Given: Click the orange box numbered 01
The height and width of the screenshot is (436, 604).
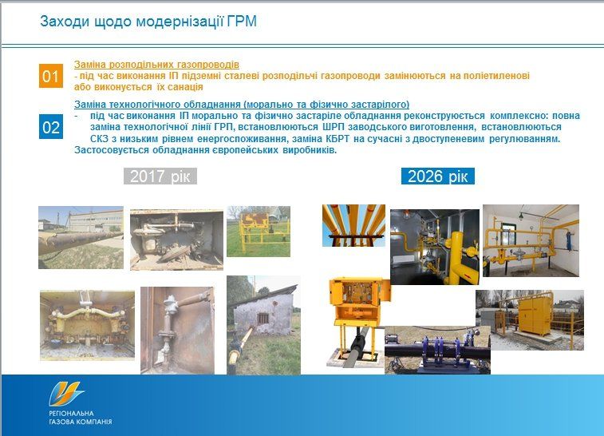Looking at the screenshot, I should (x=51, y=76).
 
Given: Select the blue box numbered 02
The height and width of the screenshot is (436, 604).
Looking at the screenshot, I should (x=51, y=127).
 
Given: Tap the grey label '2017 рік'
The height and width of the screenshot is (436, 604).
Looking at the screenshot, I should (x=160, y=176).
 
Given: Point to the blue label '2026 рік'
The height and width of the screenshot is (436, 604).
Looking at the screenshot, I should (x=437, y=176).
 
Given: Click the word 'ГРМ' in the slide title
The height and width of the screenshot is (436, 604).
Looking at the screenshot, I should (x=243, y=22).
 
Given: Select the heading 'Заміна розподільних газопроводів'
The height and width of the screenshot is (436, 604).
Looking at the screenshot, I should (x=156, y=64).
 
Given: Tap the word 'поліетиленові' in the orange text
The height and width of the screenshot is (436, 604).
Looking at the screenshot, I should (x=496, y=75).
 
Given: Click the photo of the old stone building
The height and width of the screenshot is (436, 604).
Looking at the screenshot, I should (x=263, y=325).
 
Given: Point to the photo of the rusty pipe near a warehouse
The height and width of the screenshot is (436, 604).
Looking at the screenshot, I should (x=81, y=236).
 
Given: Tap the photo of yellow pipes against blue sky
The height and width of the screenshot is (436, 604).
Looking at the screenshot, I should (x=353, y=226).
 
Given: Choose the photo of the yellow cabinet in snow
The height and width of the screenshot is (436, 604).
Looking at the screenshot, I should (x=530, y=319).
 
